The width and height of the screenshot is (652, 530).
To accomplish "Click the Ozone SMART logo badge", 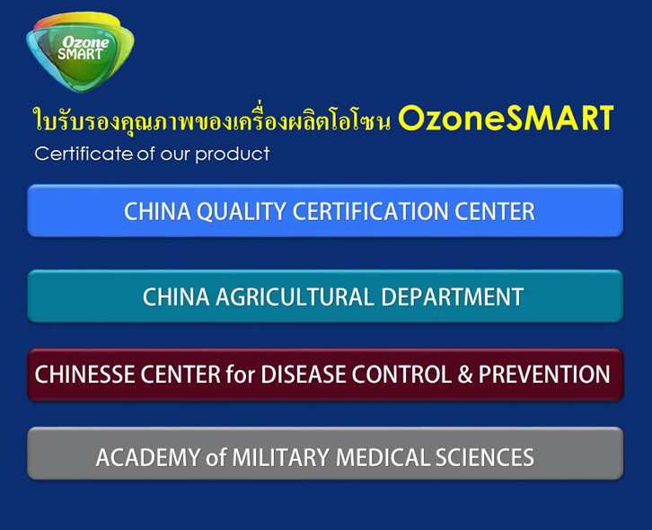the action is [80, 51].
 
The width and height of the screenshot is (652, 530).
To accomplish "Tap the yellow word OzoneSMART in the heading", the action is [506, 119].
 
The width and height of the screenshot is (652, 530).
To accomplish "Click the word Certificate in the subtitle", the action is [84, 154].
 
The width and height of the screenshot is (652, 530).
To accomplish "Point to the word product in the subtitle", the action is [233, 155].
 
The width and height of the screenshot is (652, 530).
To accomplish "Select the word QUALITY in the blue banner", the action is [242, 211].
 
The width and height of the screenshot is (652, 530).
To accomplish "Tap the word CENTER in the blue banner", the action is [495, 211].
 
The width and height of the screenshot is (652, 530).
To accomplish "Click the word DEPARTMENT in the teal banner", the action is [452, 297].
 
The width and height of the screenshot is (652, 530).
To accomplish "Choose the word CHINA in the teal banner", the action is [176, 297].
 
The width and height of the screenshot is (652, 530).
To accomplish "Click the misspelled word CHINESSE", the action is [84, 375].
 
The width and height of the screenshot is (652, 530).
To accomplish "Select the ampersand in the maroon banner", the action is [465, 375].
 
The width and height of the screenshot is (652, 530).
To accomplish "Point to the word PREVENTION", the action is [544, 375].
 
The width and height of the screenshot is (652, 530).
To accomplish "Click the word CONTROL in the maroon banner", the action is [401, 375].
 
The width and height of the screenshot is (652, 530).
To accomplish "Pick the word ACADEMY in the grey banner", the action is [148, 457].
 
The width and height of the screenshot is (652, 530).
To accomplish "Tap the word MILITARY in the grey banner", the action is [281, 457].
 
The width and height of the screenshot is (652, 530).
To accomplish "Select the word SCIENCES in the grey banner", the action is [484, 457].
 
